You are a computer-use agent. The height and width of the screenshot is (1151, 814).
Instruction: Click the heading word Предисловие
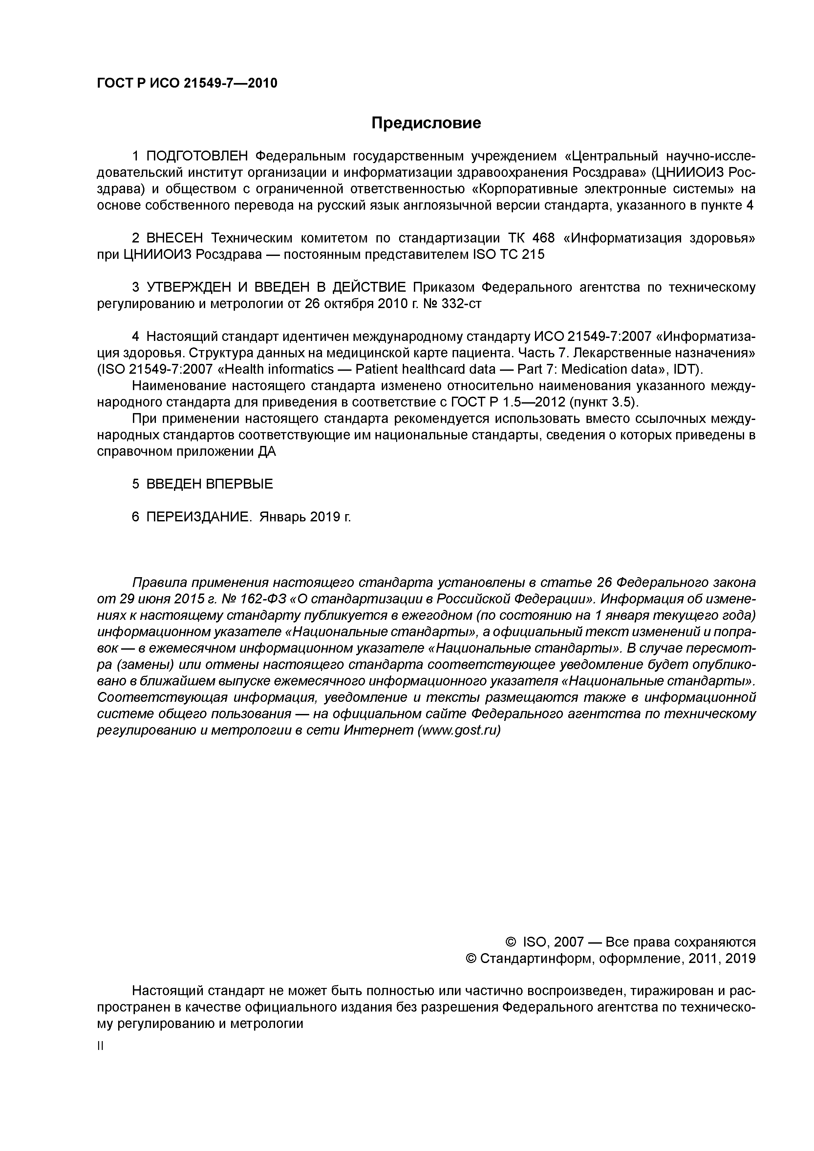tap(426, 123)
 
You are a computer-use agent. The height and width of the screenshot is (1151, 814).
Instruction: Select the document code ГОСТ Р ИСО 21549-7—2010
tap(187, 83)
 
